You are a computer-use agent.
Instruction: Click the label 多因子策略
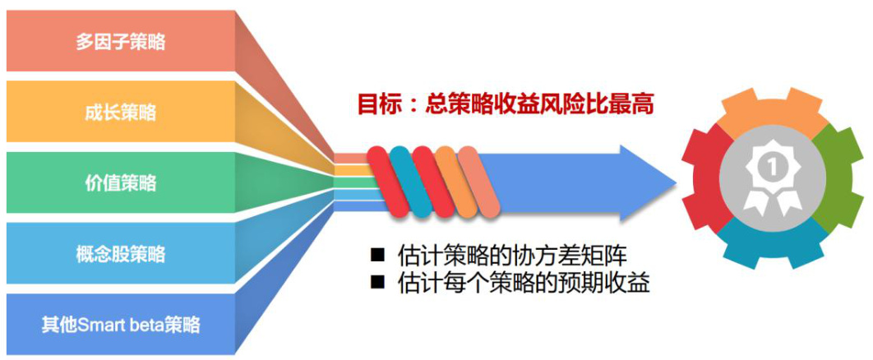[121, 42]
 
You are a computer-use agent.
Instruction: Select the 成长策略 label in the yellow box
[121, 113]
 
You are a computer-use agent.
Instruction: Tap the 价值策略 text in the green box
[121, 183]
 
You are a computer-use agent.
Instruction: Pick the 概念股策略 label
[121, 254]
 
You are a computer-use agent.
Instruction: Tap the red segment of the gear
[704, 178]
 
